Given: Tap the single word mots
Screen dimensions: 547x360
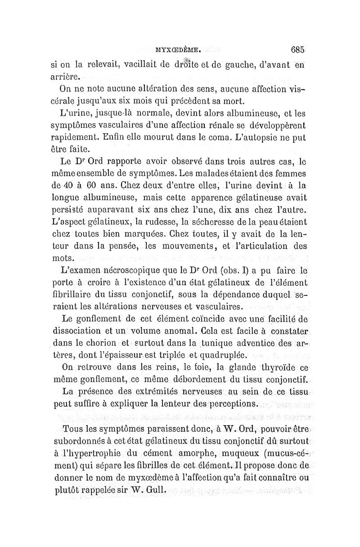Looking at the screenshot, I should coord(62,258).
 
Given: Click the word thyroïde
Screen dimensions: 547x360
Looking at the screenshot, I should coord(271,370).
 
